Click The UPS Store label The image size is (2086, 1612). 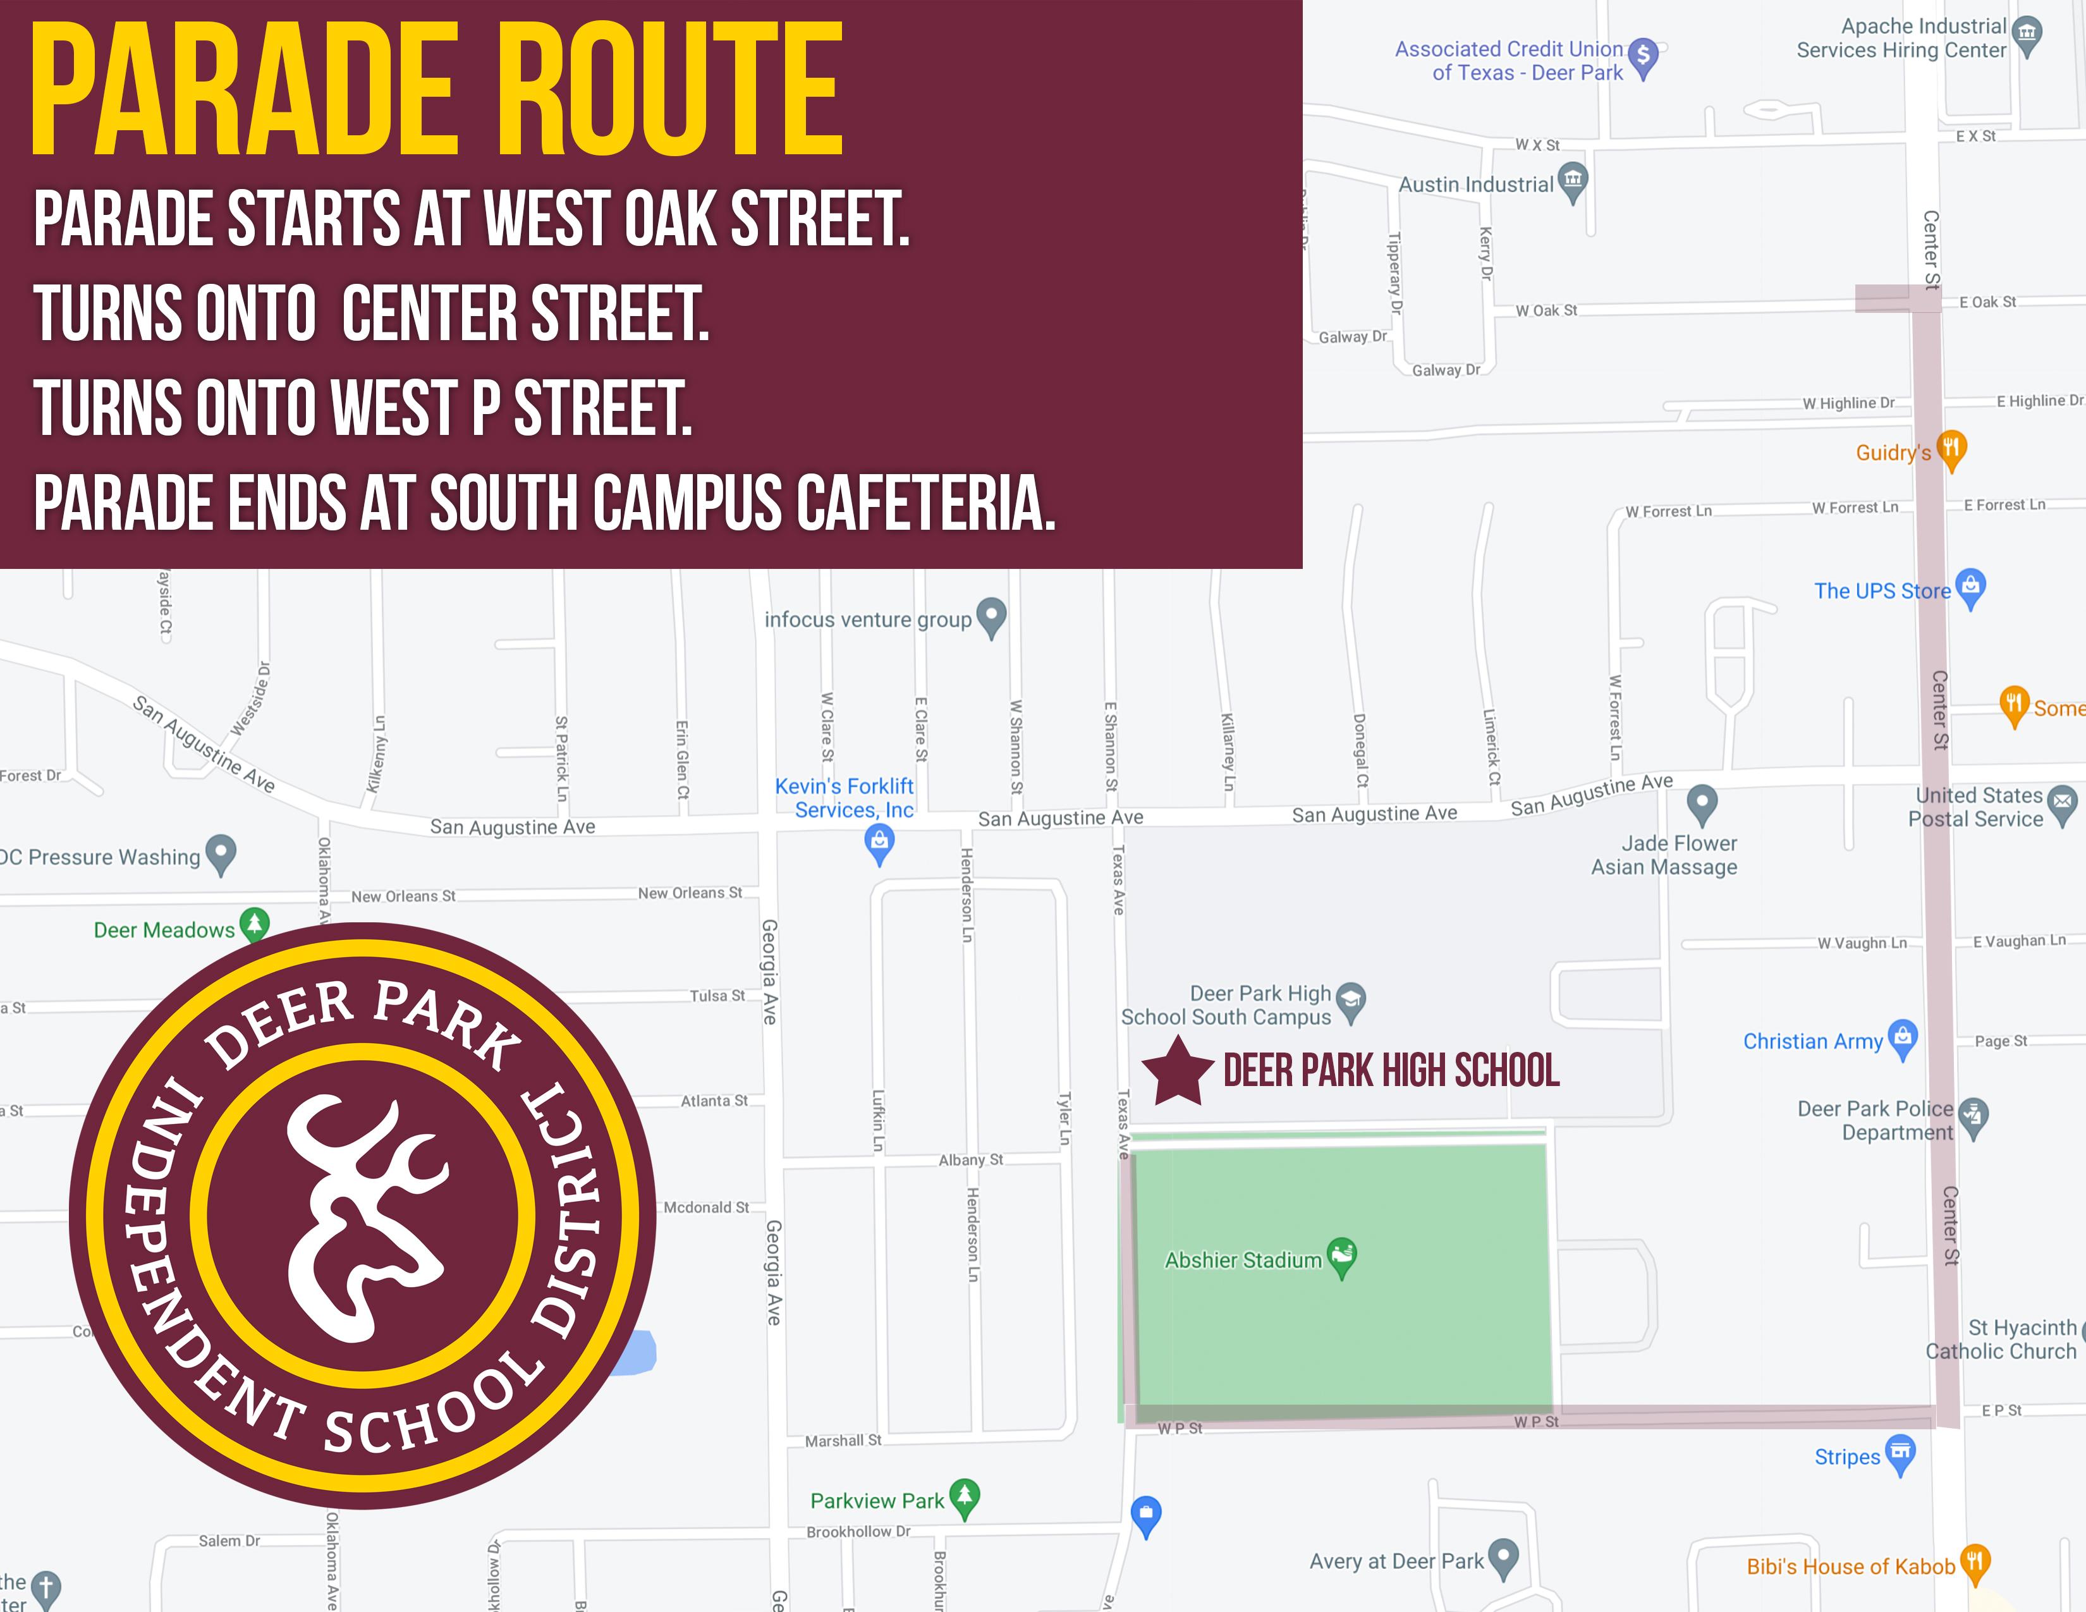click(1882, 591)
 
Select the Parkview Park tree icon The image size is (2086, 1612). click(965, 1496)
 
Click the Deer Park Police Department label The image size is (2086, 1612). click(1875, 1120)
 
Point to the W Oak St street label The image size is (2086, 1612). click(1546, 310)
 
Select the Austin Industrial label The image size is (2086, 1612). click(1475, 185)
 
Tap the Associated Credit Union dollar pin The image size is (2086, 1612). click(1643, 56)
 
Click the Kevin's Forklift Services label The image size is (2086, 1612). click(845, 797)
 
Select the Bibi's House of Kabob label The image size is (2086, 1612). click(1850, 1566)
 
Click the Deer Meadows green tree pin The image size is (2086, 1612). click(254, 924)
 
